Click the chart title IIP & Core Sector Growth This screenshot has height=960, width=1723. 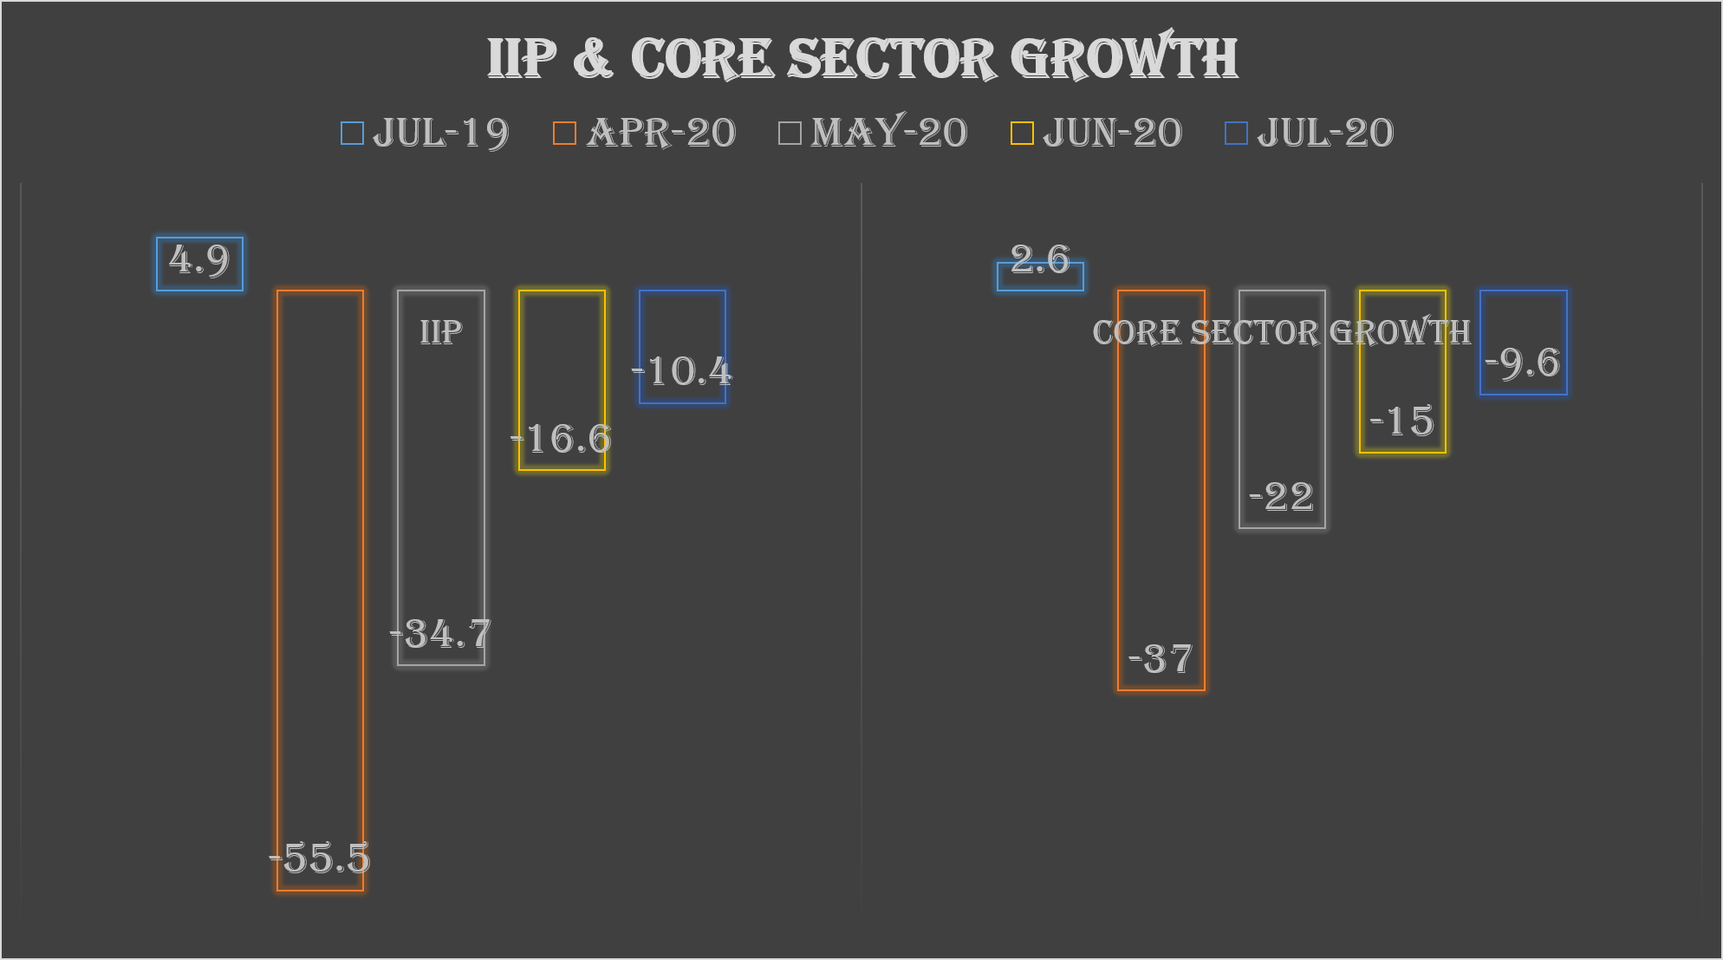pyautogui.click(x=861, y=59)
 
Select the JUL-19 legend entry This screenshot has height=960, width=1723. pyautogui.click(x=425, y=133)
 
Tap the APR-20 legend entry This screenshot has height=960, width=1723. pyautogui.click(x=645, y=133)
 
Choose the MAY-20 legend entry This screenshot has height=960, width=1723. pyautogui.click(x=873, y=133)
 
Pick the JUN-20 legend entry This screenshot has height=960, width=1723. pyautogui.click(x=1096, y=133)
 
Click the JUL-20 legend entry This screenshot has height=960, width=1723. pyautogui.click(x=1309, y=133)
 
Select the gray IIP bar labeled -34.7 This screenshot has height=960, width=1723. pyautogui.click(x=441, y=477)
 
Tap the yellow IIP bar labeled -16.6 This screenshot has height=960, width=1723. pyautogui.click(x=562, y=364)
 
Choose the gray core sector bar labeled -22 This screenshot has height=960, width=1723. pyautogui.click(x=1282, y=416)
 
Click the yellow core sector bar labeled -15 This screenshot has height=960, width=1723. pyautogui.click(x=1402, y=382)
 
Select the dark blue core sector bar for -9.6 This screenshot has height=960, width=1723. pyautogui.click(x=1524, y=321)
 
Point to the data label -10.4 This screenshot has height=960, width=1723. pyautogui.click(x=682, y=371)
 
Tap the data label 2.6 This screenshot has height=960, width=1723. pyautogui.click(x=1040, y=258)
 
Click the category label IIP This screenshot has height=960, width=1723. pyautogui.click(x=441, y=332)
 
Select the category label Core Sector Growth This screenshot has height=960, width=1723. pyautogui.click(x=1281, y=332)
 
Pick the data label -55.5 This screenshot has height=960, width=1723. pyautogui.click(x=320, y=859)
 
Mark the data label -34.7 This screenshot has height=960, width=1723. pyautogui.click(x=441, y=635)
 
